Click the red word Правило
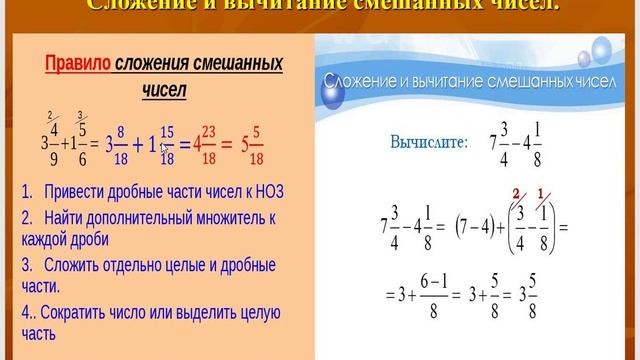[77, 66]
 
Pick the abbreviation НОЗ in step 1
[259, 190]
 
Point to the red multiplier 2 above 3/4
[517, 193]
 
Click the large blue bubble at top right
[603, 49]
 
